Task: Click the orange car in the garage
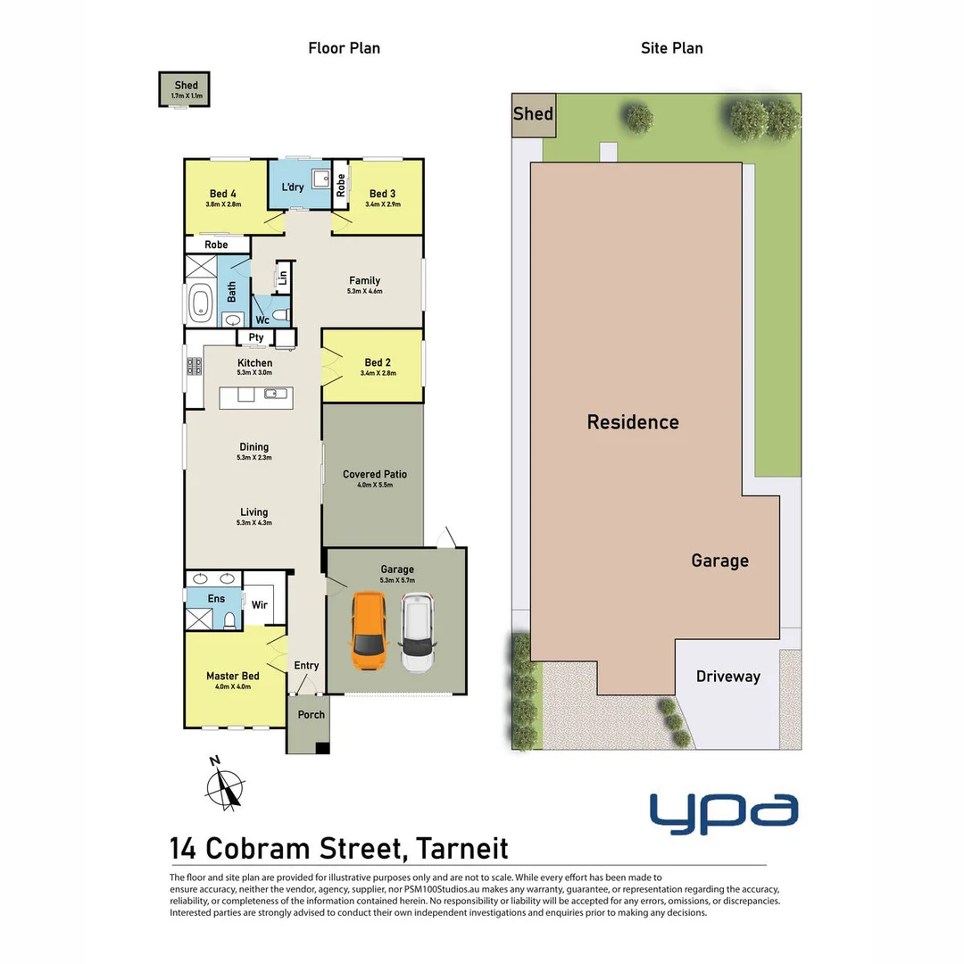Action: click(x=368, y=632)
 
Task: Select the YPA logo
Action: click(x=723, y=812)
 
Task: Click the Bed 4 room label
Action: click(x=223, y=194)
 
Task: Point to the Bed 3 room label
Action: click(x=382, y=194)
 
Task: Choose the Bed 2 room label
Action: click(x=378, y=362)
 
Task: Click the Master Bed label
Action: click(x=232, y=677)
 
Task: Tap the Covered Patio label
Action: click(x=375, y=474)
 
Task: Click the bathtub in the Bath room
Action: click(x=199, y=303)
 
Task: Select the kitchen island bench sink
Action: click(x=276, y=394)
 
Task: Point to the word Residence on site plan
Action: click(x=633, y=422)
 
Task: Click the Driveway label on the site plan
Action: click(x=728, y=677)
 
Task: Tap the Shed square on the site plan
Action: click(x=533, y=115)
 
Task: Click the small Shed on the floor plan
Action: click(x=185, y=89)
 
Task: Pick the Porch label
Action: click(x=312, y=714)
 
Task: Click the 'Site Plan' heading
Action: click(x=671, y=48)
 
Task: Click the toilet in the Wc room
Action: click(x=278, y=315)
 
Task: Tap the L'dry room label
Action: click(x=293, y=187)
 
